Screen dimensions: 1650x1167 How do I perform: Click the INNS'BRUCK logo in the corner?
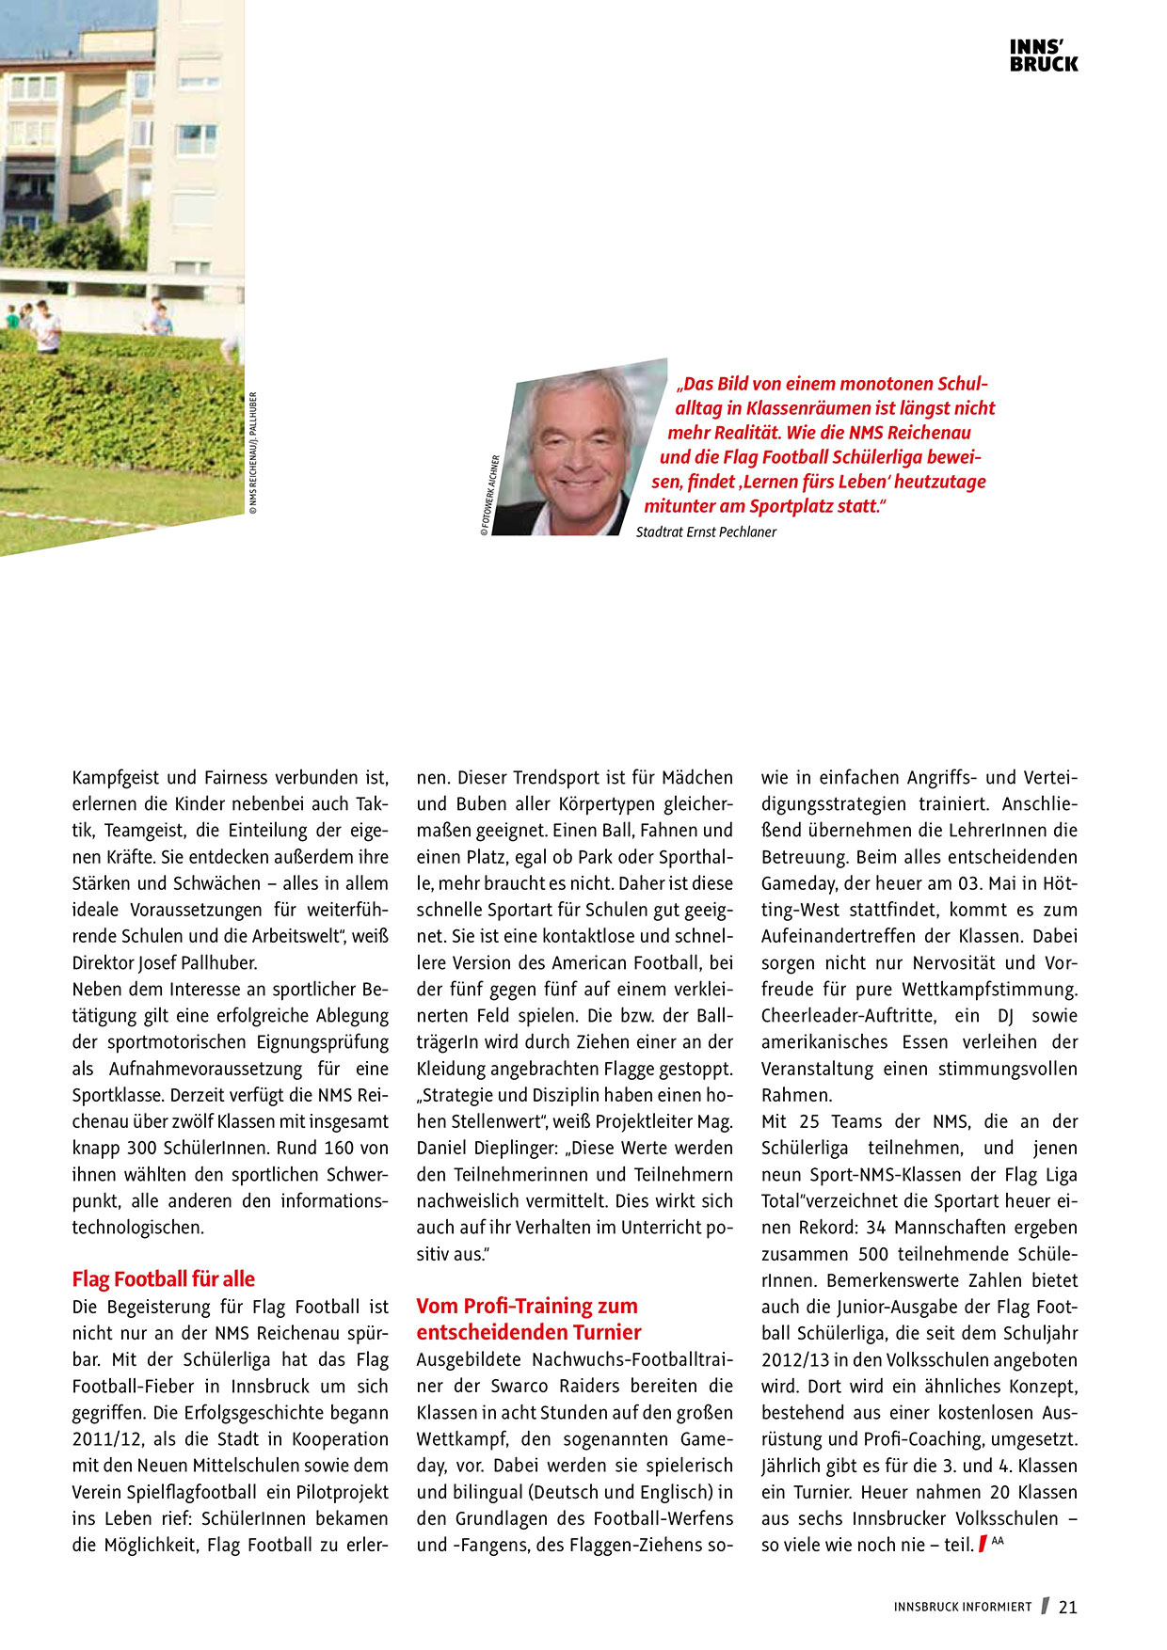coord(1044,56)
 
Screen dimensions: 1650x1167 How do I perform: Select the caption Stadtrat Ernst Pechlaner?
coord(706,532)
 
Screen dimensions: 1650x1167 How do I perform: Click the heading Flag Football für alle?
coord(164,1279)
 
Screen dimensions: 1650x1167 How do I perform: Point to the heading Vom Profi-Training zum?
coord(527,1306)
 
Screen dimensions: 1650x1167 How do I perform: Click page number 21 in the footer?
coord(1067,1608)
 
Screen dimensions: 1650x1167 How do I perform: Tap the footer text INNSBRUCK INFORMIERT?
coord(963,1608)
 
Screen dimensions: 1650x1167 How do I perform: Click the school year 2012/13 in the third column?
coord(795,1360)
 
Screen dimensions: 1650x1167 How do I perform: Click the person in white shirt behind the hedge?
coord(45,329)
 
